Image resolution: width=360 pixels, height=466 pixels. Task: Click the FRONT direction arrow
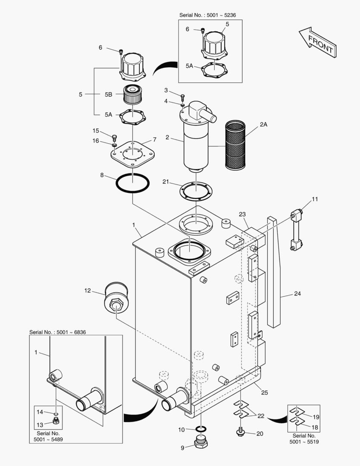tap(318, 42)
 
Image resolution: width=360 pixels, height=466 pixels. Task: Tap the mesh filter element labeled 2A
tap(235, 145)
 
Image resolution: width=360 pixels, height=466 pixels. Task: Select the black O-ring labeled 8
tap(132, 183)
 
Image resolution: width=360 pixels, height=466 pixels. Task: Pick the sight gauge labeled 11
tap(296, 230)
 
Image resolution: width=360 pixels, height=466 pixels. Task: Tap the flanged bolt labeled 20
tap(240, 432)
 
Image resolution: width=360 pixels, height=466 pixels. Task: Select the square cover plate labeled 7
tap(133, 154)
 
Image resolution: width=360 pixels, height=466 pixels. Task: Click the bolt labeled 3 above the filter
tap(183, 97)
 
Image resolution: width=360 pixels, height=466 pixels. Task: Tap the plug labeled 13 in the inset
tap(56, 421)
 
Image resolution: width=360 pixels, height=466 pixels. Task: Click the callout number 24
tap(297, 294)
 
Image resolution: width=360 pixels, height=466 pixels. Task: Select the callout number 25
tap(264, 393)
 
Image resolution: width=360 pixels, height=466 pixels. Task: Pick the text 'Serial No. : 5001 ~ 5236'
tap(208, 15)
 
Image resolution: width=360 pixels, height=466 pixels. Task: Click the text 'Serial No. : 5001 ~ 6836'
tap(58, 332)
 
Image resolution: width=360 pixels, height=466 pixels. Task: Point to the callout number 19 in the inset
tap(316, 417)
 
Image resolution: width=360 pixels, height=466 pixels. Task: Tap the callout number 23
tap(242, 214)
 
